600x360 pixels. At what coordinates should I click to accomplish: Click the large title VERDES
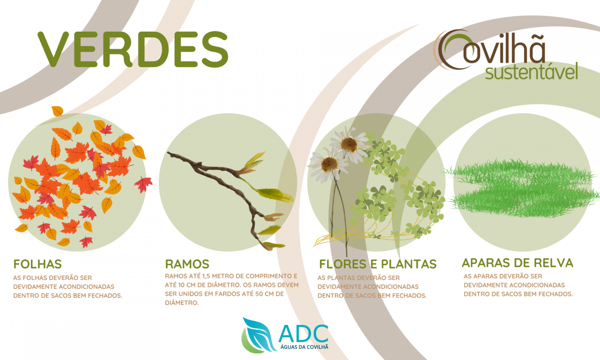tap(133, 49)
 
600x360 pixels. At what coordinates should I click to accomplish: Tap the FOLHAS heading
tap(38, 264)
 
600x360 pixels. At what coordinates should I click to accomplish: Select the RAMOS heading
tap(187, 264)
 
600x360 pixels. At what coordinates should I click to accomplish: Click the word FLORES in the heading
tap(343, 264)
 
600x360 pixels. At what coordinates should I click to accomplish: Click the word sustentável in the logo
tap(531, 72)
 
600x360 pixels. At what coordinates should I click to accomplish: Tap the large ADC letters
tap(303, 333)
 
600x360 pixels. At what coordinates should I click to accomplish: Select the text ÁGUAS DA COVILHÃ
tap(304, 347)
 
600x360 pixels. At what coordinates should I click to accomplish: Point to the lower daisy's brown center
tap(330, 164)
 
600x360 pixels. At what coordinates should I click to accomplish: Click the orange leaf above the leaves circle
tap(57, 111)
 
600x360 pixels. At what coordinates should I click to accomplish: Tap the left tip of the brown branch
tap(168, 153)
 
